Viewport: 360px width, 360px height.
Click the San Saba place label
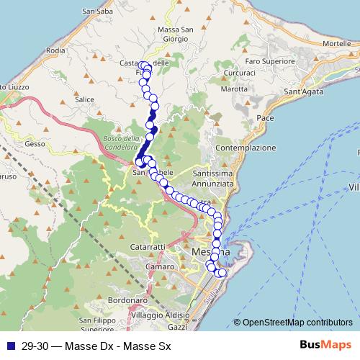tap(98, 11)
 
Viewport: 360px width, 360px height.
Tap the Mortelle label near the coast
tap(337, 44)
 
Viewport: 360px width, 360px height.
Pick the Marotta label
tap(234, 89)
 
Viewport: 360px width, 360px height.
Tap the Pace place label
tap(265, 117)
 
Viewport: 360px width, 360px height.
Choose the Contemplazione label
tap(246, 148)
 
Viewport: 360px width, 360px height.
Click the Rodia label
tap(55, 51)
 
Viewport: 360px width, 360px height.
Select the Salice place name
tap(85, 99)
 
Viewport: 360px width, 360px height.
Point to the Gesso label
tap(35, 143)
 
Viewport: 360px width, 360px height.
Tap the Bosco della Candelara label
tap(121, 142)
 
